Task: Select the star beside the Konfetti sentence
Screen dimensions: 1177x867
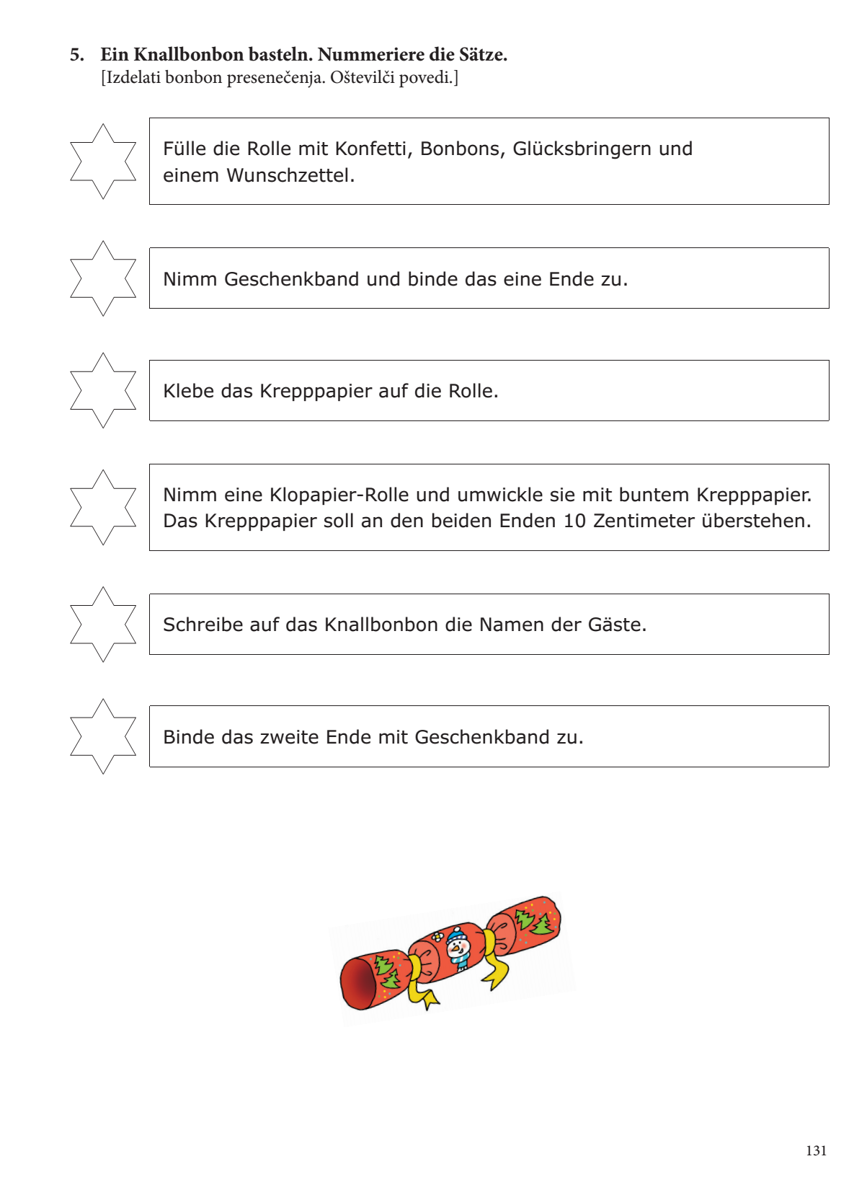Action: coord(103,162)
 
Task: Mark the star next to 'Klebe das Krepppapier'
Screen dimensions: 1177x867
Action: coord(103,390)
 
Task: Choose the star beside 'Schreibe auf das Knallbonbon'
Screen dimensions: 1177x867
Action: coord(103,624)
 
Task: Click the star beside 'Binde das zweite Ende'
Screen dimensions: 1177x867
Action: coord(103,736)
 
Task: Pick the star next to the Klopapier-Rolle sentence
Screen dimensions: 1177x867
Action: coord(103,507)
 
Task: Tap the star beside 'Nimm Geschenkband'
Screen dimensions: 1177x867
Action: coord(103,278)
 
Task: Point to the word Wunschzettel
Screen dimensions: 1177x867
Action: coord(290,175)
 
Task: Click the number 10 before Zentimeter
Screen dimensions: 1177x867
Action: coord(574,521)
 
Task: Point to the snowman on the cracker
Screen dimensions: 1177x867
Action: coord(457,948)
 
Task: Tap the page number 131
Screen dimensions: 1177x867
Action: coord(816,1151)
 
